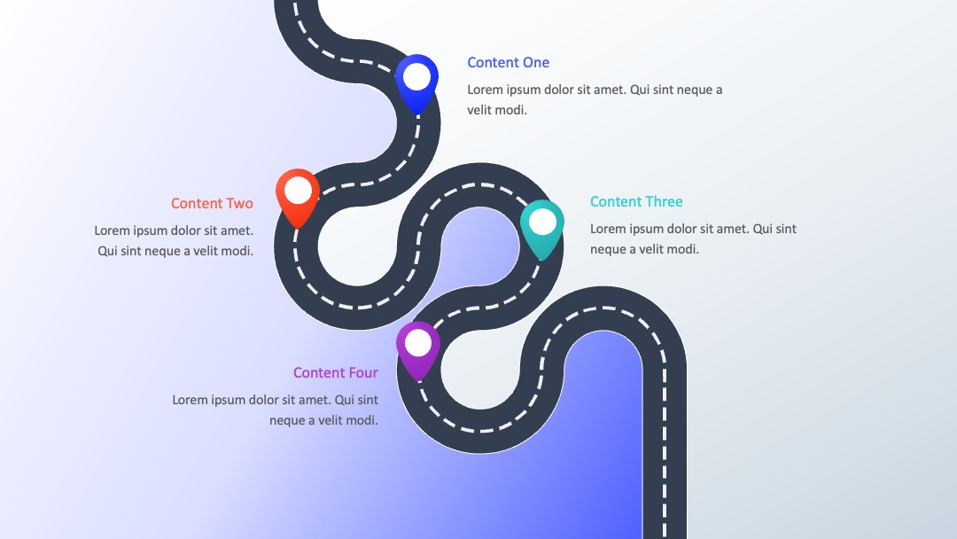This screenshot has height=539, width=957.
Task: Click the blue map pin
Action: coord(416,83)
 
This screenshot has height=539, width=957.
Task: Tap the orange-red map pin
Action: coord(298,198)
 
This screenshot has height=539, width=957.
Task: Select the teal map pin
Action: coord(542,229)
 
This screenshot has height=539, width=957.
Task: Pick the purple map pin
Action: coord(418,350)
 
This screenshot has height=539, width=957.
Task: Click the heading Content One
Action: coord(509,62)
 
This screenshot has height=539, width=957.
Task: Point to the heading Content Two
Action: coord(212,203)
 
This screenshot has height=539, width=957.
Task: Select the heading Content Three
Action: coord(636,201)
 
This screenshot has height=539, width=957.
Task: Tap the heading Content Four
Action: coord(336,372)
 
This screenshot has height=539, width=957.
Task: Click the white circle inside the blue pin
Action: coord(416,76)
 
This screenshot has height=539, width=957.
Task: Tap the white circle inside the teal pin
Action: coord(542,222)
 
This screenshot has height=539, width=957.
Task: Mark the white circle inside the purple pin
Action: coord(418,343)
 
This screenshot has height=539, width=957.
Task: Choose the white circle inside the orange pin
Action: coord(298,191)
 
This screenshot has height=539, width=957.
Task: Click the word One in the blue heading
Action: coord(536,62)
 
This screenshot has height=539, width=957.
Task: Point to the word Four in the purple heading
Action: coord(363,372)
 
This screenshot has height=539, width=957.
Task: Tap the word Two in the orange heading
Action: coord(240,203)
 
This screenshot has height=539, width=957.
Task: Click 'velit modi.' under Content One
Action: coord(497,110)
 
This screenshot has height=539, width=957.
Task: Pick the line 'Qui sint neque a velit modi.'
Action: coord(175,251)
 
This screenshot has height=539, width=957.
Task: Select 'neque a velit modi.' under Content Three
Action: coord(644,249)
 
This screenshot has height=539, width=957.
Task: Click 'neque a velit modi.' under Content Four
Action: coord(323,420)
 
